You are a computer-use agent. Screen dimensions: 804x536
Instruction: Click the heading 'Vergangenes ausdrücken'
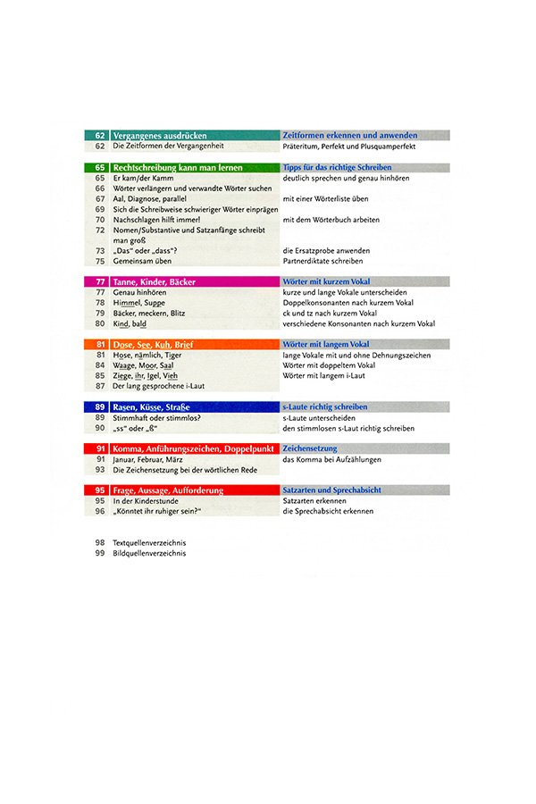157,135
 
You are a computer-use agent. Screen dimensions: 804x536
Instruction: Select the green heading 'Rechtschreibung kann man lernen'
168,167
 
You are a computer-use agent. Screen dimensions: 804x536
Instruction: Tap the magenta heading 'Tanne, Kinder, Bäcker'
155,281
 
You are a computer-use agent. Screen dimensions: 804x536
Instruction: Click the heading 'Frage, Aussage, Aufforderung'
168,490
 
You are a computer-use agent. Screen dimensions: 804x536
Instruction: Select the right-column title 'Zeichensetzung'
308,448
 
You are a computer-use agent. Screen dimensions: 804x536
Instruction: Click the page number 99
100,554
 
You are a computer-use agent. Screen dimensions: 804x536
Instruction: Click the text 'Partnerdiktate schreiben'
322,261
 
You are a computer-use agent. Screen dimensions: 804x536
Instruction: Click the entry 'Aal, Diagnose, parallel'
148,198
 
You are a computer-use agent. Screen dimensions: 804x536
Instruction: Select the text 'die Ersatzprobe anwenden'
324,251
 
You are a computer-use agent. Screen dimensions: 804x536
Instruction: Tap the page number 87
100,386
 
